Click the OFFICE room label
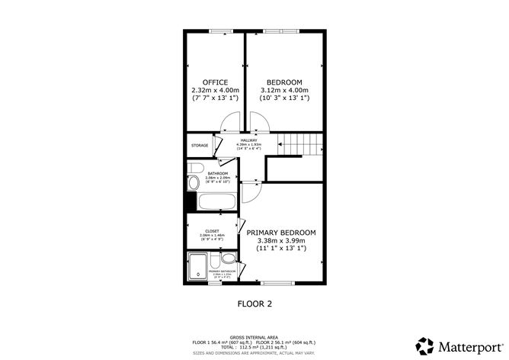click(x=214, y=82)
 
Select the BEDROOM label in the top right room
click(x=284, y=82)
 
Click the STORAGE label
click(x=200, y=145)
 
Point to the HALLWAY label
click(x=249, y=140)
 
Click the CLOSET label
click(x=211, y=230)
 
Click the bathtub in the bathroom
click(x=216, y=204)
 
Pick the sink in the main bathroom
click(x=193, y=183)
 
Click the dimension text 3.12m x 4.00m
click(x=284, y=91)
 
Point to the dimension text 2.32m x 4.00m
click(x=214, y=91)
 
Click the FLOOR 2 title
click(x=254, y=303)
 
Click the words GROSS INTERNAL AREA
click(x=254, y=336)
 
